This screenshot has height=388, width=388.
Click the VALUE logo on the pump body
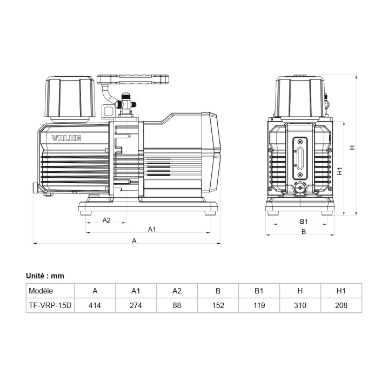(66, 138)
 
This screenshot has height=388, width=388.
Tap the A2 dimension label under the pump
(106, 220)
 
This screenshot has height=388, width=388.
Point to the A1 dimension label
(152, 229)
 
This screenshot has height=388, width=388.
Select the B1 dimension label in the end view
(304, 221)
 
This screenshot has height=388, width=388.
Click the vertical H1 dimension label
(340, 171)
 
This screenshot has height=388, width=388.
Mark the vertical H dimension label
(352, 147)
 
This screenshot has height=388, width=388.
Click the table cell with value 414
(95, 305)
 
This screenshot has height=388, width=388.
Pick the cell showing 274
(136, 305)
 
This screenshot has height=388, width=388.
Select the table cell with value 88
(177, 305)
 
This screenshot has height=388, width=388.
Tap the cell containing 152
(218, 305)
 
